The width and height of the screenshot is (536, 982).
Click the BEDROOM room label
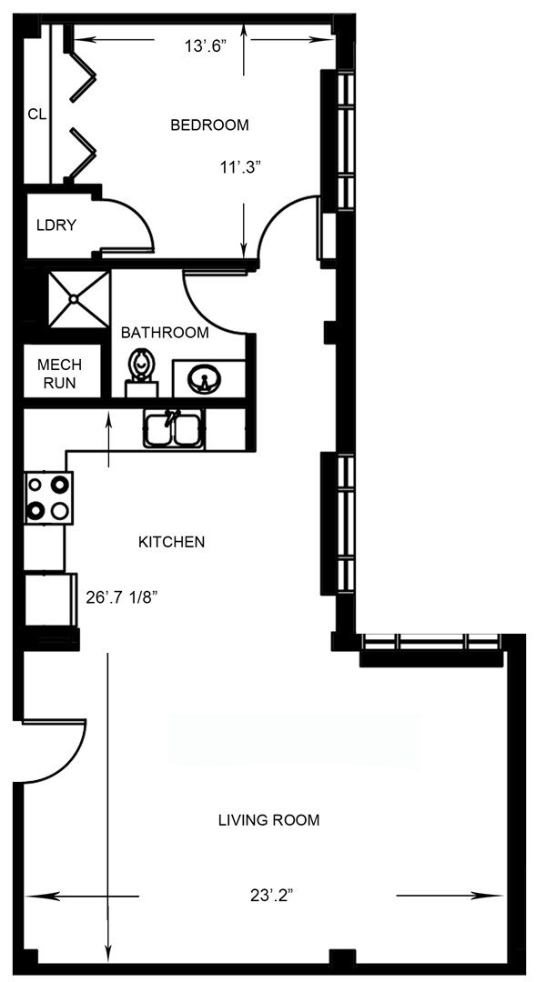209,125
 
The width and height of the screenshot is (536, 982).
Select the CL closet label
36,114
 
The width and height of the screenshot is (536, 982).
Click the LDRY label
56,225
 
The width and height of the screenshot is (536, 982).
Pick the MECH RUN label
56,374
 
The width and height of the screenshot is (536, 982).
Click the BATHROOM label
165,333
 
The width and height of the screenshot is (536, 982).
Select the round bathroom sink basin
205,377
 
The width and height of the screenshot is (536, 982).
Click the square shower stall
79,297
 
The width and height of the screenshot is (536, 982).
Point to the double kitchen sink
173,427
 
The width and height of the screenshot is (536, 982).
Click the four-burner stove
48,498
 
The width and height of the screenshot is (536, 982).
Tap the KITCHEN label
171,542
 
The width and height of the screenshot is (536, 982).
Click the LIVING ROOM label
268,820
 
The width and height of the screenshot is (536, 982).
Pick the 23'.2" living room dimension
271,896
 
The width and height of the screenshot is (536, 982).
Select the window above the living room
430,642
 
